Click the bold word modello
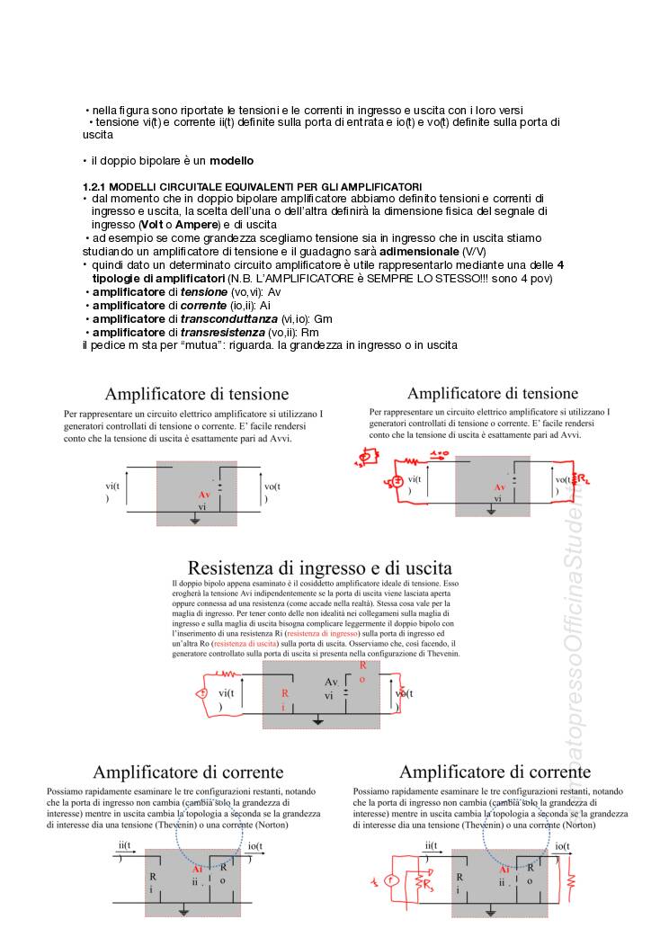(232, 161)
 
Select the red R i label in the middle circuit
(284, 700)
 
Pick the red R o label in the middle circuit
(362, 673)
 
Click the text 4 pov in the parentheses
(534, 279)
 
